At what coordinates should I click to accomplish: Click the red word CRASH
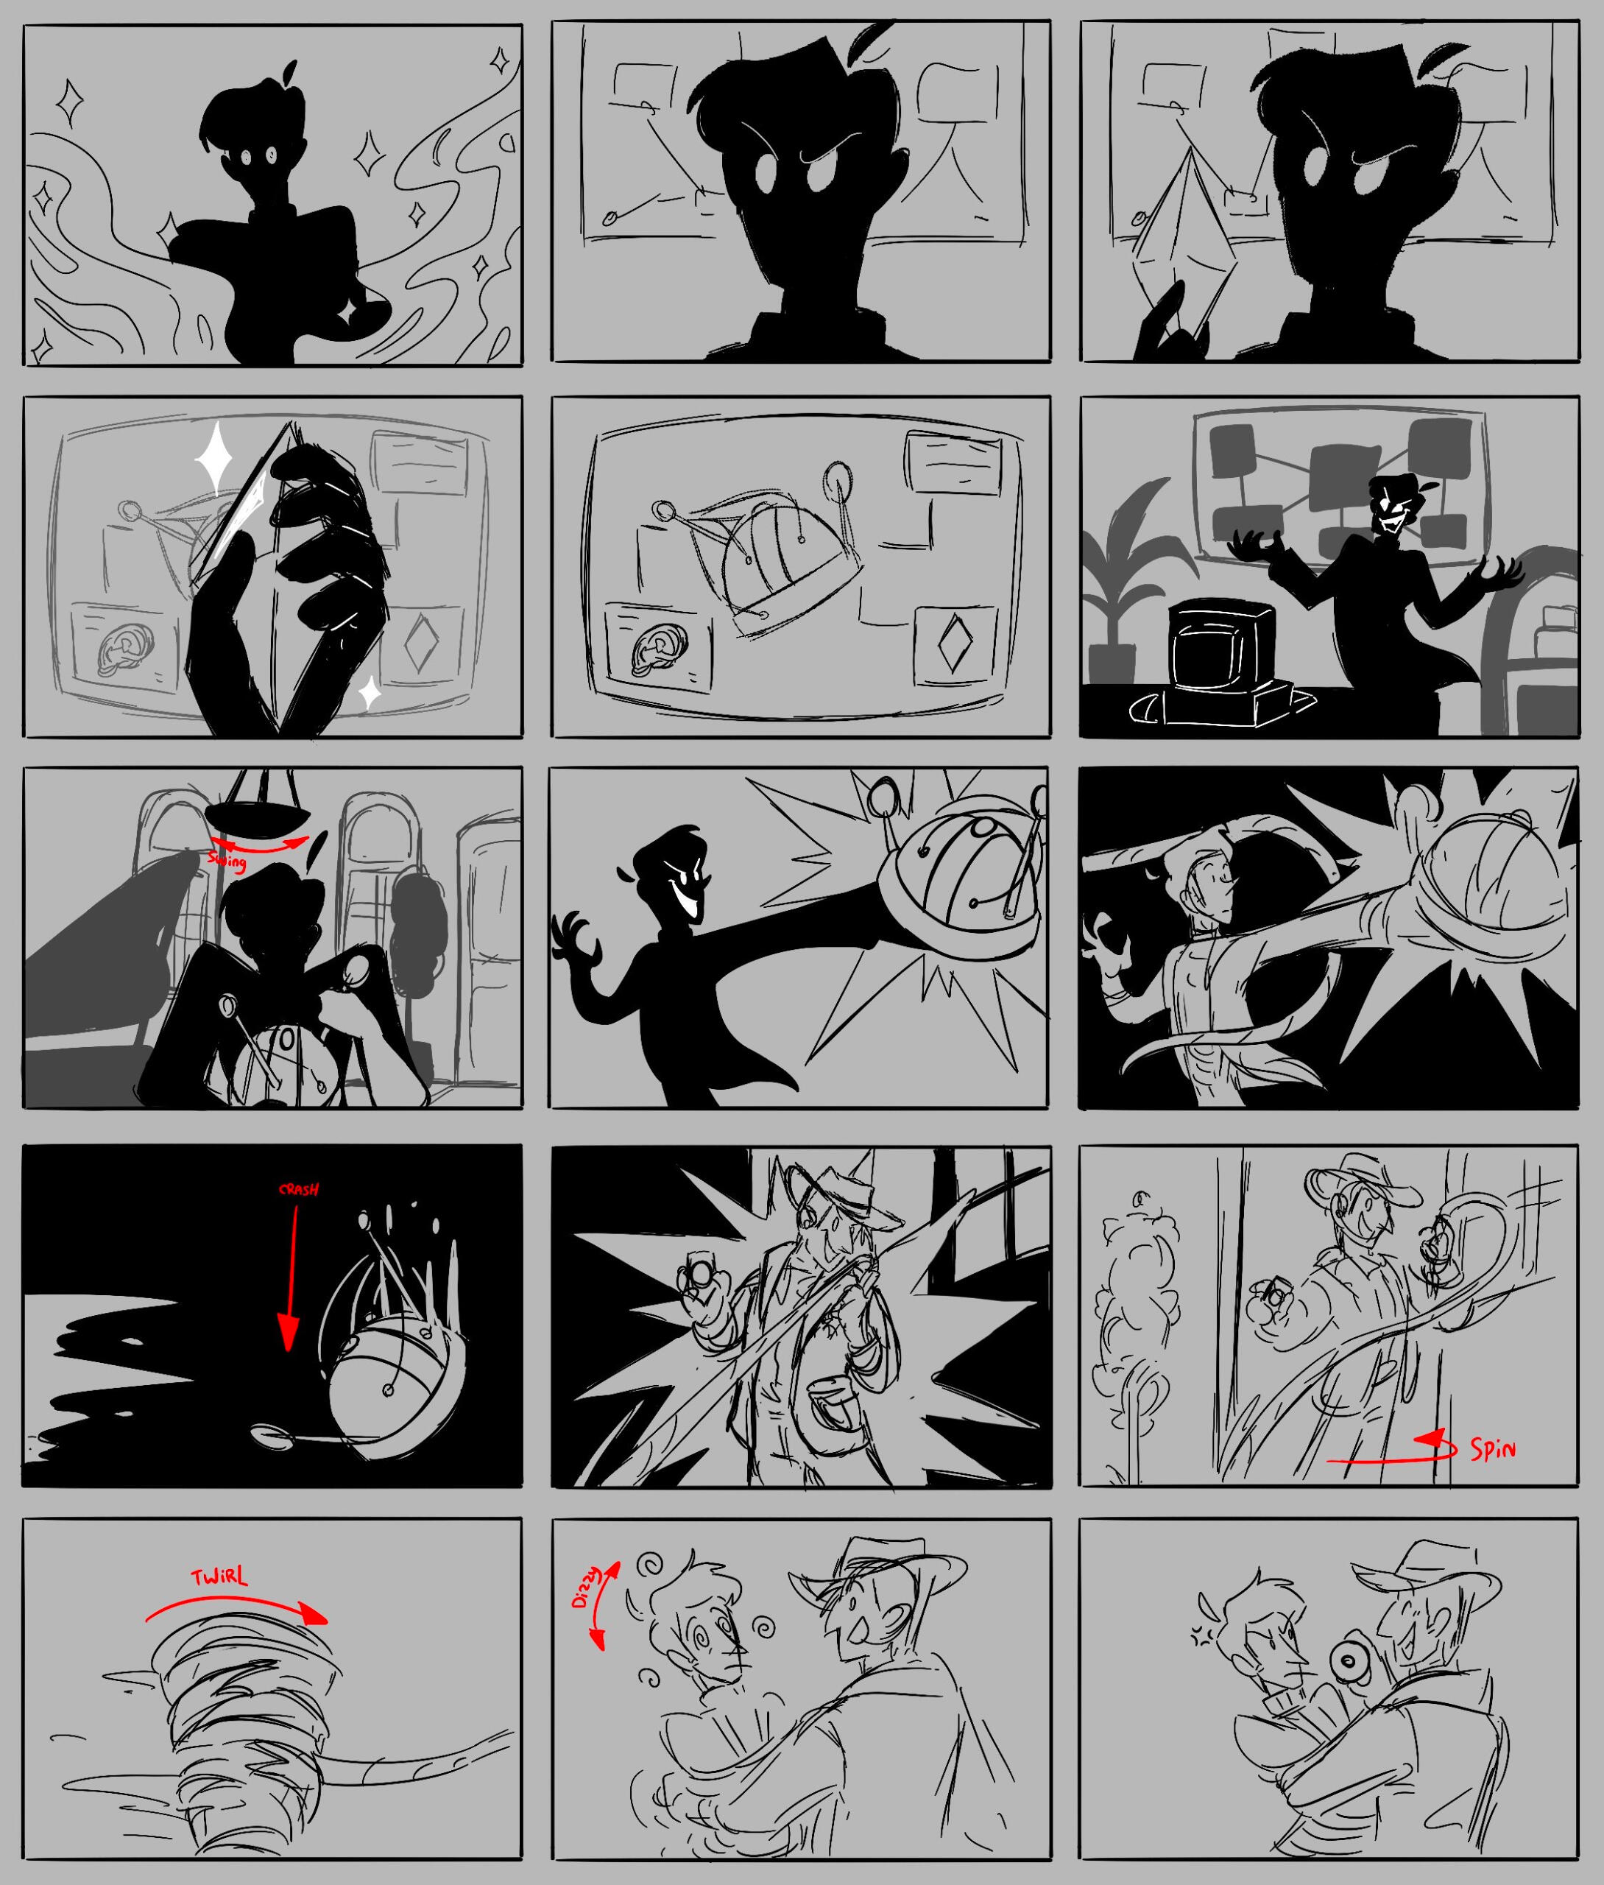299,1189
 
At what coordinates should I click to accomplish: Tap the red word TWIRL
220,1579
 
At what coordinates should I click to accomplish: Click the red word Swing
227,861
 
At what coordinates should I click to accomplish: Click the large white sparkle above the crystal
216,454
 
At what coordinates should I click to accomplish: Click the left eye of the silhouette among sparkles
247,158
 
